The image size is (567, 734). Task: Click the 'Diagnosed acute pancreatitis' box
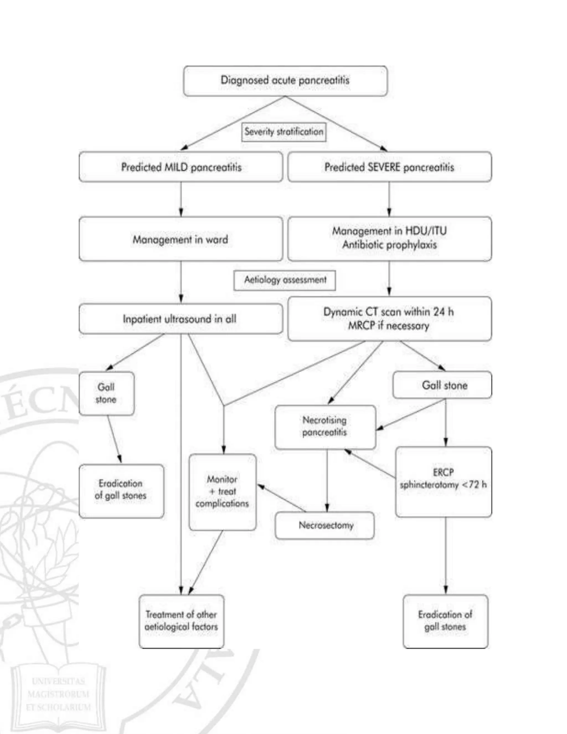[x=285, y=81]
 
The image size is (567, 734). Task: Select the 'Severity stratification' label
[x=284, y=132]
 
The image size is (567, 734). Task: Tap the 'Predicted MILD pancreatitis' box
[x=181, y=167]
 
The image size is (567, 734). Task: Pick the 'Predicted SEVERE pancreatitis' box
[x=389, y=167]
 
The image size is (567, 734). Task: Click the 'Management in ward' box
[x=181, y=239]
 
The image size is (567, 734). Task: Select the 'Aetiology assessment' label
[x=285, y=280]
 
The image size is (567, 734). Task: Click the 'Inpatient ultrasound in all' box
[x=180, y=319]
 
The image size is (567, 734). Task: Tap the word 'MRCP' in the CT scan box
[x=361, y=326]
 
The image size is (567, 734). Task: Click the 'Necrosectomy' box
[x=325, y=525]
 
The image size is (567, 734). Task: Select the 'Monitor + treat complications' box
[x=222, y=491]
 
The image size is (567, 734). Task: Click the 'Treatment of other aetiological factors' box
[x=181, y=620]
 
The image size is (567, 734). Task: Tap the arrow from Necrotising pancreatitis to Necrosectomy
[x=327, y=481]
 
